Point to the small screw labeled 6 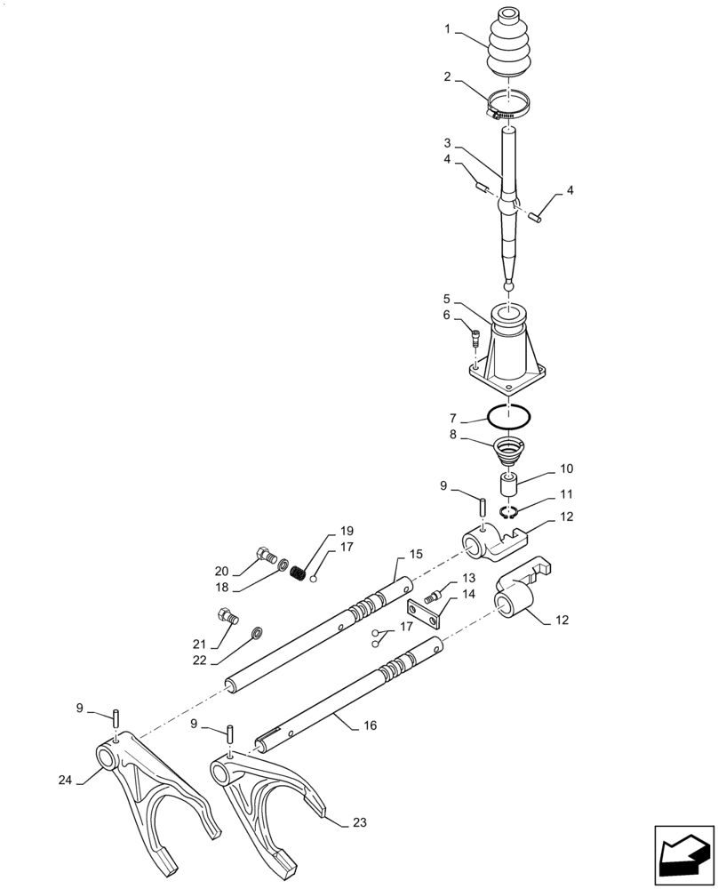pyautogui.click(x=475, y=338)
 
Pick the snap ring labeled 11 pyautogui.click(x=509, y=512)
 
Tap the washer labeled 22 pyautogui.click(x=257, y=633)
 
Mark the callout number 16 pyautogui.click(x=370, y=725)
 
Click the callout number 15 pyautogui.click(x=416, y=554)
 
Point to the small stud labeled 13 pyautogui.click(x=435, y=593)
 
